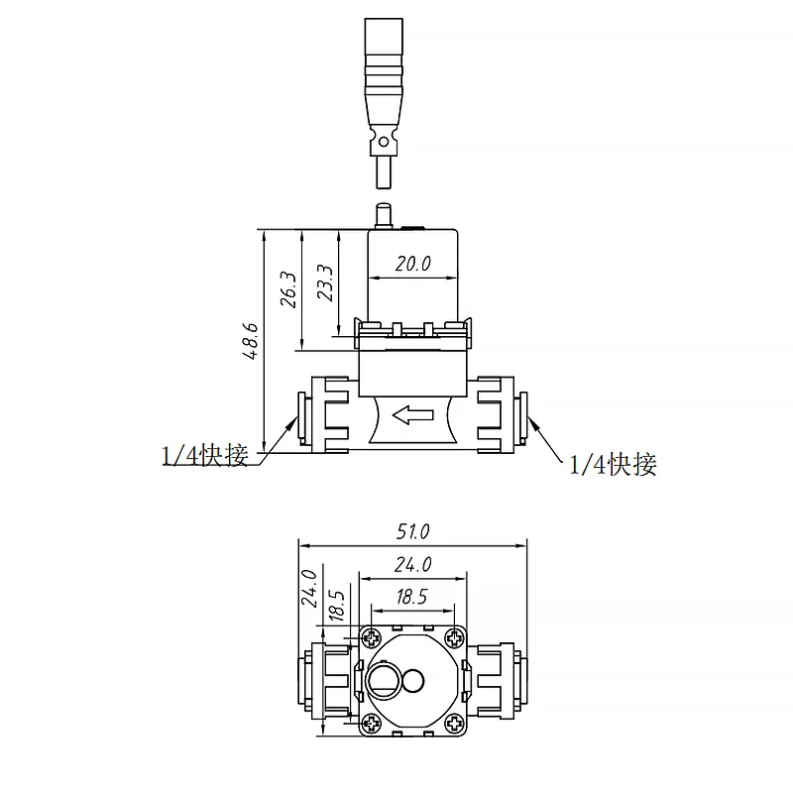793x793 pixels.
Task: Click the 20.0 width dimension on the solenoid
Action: pos(412,264)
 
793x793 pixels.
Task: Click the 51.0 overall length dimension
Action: pos(412,531)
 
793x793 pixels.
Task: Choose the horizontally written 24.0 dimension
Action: pos(412,565)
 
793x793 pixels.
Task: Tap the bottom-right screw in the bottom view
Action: pos(453,725)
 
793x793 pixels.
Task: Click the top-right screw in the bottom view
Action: pos(453,636)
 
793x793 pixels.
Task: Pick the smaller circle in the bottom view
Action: pos(412,681)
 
